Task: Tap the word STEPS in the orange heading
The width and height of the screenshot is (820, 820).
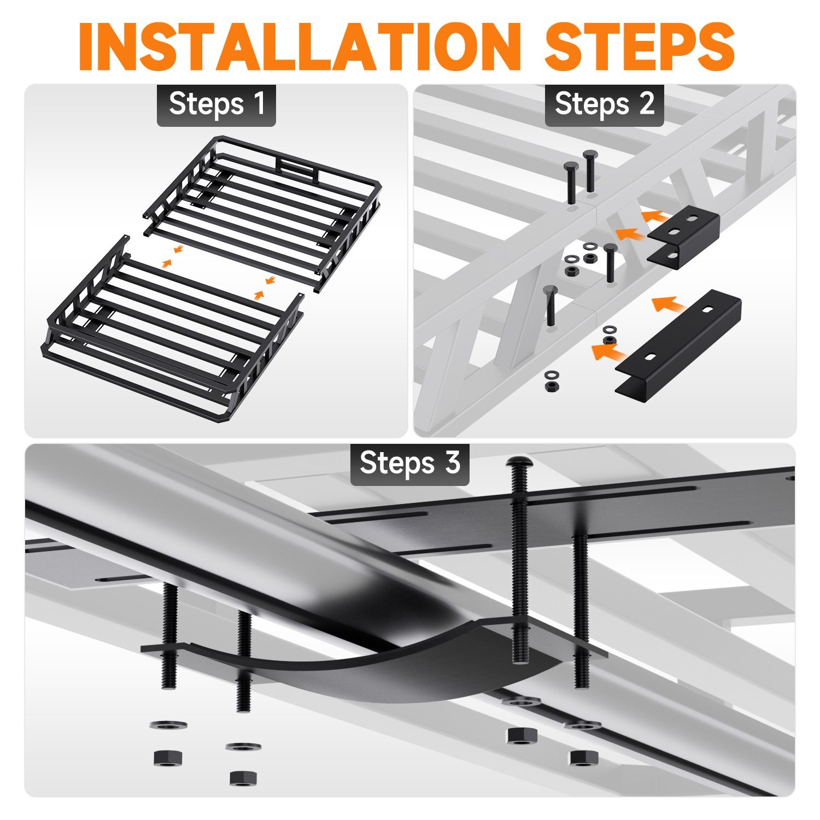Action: click(x=640, y=46)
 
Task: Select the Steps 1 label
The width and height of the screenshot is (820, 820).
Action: click(x=216, y=104)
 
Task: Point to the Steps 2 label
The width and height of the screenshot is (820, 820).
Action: click(x=604, y=104)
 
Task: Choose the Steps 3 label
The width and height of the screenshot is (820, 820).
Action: click(x=410, y=464)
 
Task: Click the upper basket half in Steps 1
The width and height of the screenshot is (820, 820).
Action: click(x=262, y=213)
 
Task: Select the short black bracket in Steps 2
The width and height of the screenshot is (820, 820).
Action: click(x=683, y=236)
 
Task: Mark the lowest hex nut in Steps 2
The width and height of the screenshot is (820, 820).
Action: click(x=552, y=386)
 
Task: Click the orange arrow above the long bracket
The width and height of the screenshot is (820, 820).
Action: click(x=669, y=304)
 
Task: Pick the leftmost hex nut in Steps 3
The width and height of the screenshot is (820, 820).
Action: click(x=168, y=758)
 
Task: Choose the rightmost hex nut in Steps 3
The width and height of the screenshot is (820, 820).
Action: click(x=584, y=758)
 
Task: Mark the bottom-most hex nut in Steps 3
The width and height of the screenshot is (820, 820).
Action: click(x=244, y=777)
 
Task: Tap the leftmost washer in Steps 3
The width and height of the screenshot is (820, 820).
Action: click(x=168, y=725)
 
